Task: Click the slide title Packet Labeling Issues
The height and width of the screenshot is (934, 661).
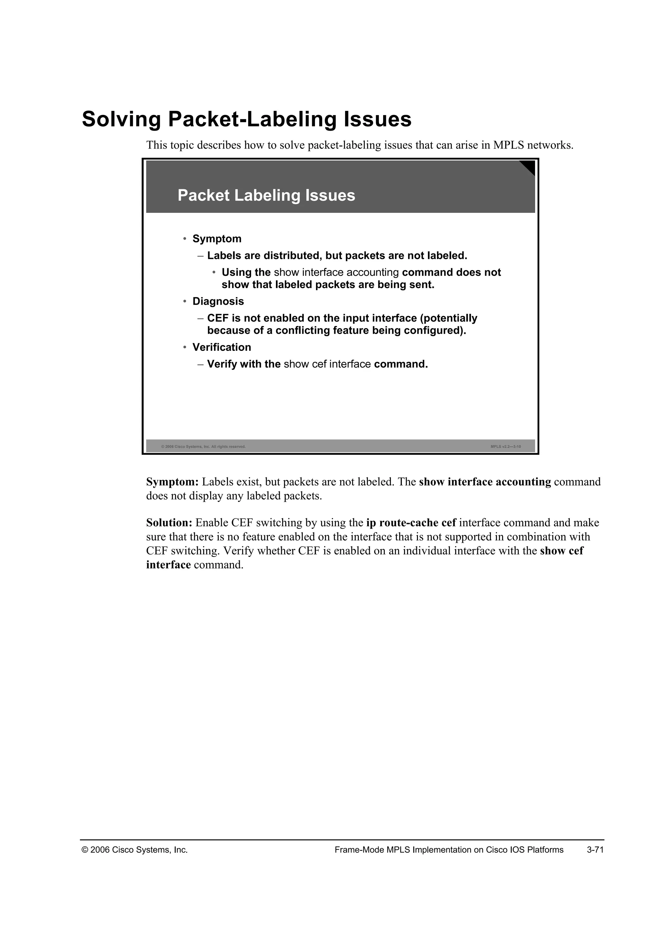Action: pos(266,196)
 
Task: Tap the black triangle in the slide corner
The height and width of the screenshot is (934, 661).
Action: pos(529,166)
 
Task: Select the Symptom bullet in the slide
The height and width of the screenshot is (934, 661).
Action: pos(217,239)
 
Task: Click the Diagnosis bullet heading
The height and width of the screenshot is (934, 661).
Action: pos(218,302)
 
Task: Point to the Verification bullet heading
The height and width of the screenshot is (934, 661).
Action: pos(221,347)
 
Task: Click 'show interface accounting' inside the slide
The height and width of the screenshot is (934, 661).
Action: pos(336,273)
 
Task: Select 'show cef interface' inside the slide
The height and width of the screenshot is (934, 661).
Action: pos(327,364)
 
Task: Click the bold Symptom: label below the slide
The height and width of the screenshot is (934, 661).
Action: pos(172,482)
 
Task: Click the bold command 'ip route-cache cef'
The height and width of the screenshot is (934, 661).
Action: pos(411,523)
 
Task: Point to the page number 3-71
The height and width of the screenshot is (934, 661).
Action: pos(595,850)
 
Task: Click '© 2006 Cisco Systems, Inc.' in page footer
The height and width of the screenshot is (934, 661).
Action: pos(135,850)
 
